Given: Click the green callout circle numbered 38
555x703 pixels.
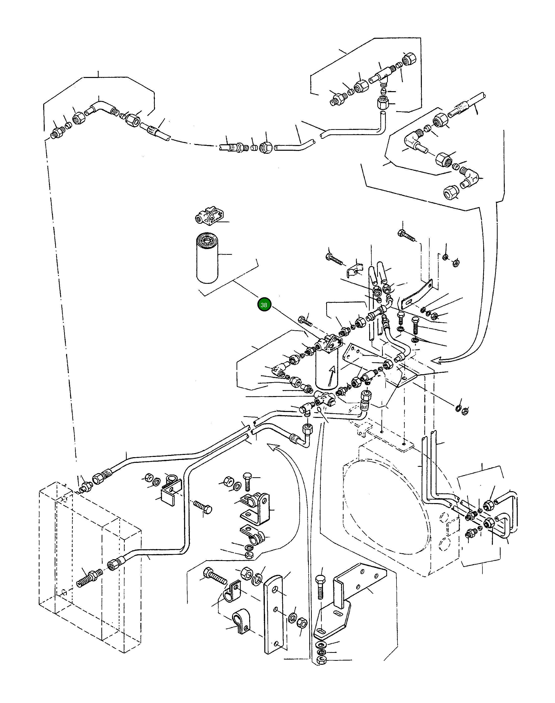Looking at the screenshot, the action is coord(264,305).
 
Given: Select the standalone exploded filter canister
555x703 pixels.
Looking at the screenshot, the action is coord(207,258).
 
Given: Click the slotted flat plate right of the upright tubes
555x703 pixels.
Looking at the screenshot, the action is coord(417,294).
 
